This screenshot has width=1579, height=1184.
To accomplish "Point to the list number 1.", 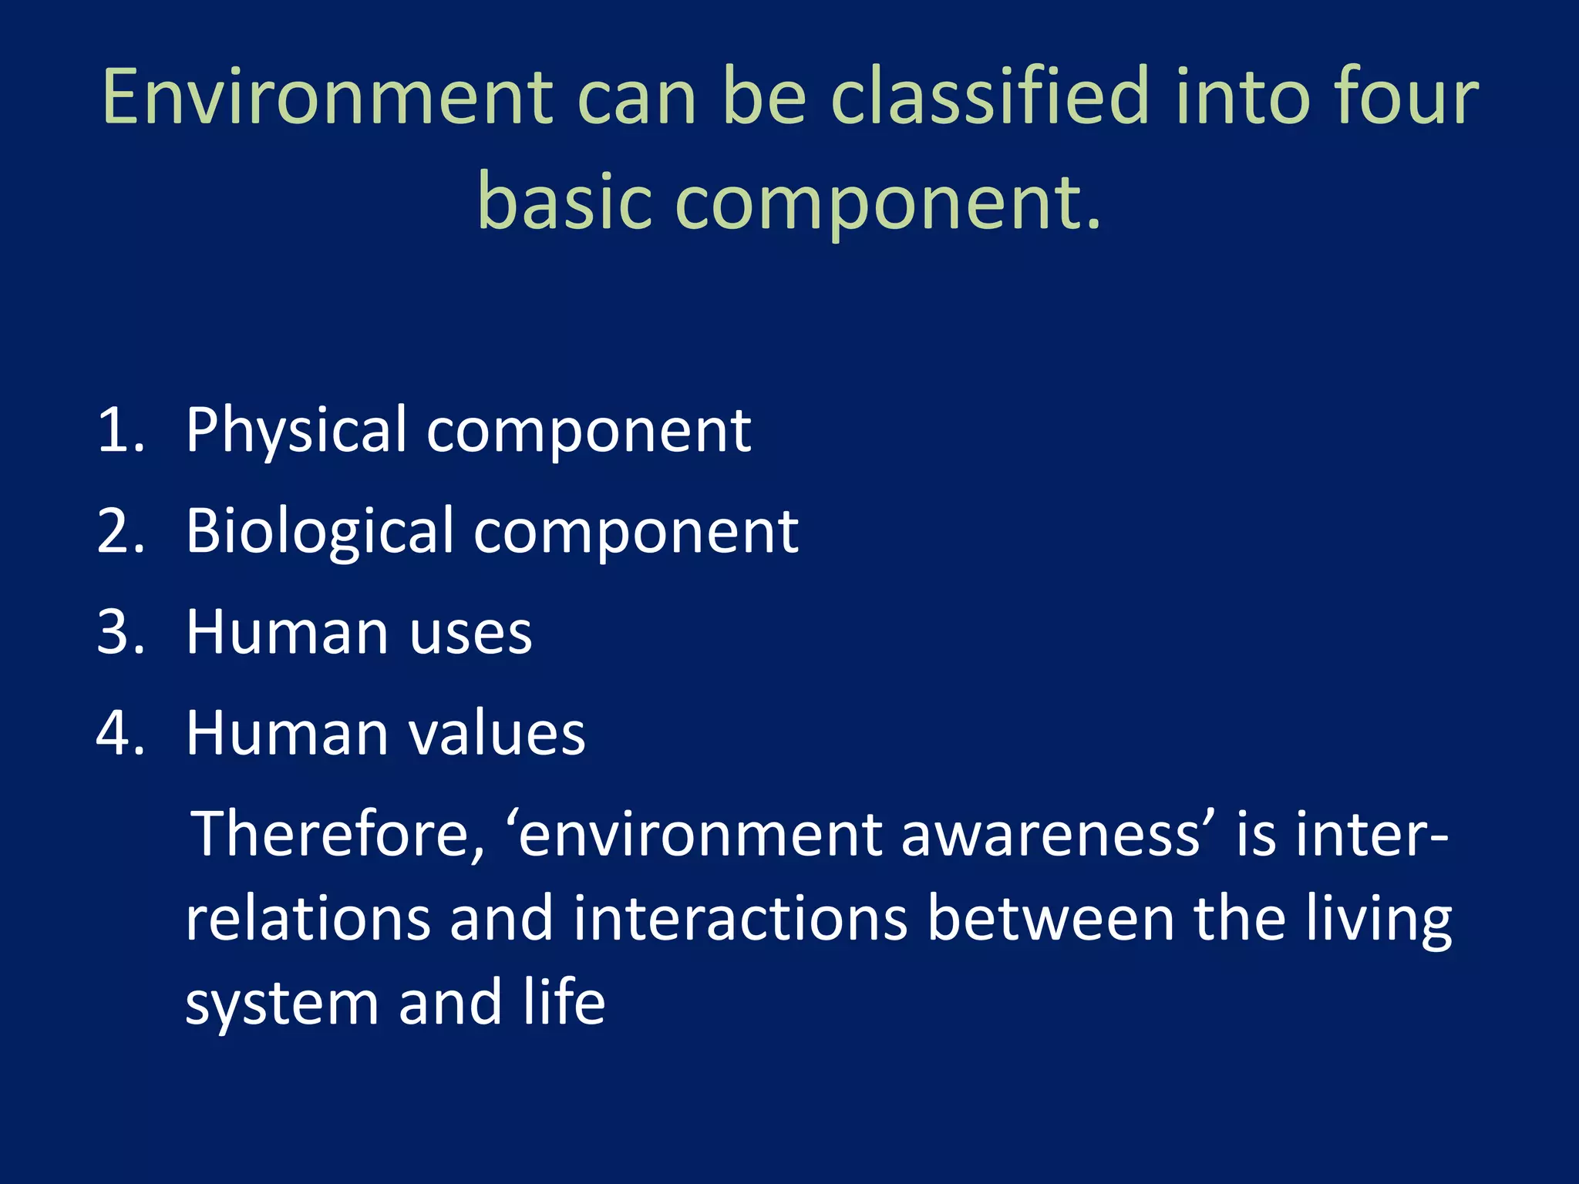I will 120,430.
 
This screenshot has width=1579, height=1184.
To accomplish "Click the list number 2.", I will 120,531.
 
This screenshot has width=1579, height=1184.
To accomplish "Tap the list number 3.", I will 120,632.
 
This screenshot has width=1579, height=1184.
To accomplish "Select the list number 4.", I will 120,733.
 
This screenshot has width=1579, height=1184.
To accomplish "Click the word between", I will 1051,919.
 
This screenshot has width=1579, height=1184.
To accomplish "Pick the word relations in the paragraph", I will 308,919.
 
